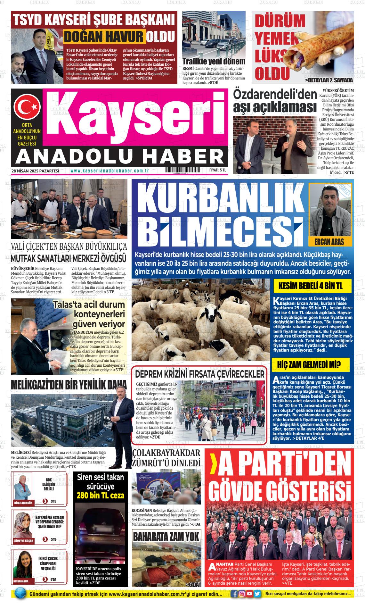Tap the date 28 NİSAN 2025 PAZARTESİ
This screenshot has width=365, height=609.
tap(36, 171)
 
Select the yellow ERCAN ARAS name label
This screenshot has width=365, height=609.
tap(329, 241)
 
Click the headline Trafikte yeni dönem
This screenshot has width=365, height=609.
tap(214, 62)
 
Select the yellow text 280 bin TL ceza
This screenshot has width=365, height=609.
tap(100, 495)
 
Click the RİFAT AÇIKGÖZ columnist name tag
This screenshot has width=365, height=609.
tap(23, 503)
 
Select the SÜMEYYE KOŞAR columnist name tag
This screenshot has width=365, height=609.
tap(23, 540)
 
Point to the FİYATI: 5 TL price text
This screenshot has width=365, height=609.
tap(218, 171)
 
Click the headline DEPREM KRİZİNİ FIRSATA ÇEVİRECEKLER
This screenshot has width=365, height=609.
tap(200, 374)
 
